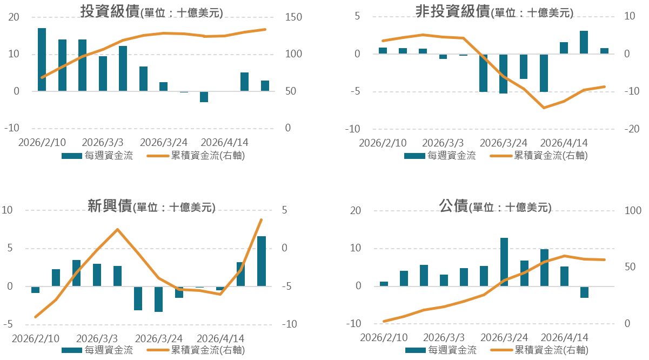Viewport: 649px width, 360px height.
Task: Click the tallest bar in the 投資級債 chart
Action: [42, 59]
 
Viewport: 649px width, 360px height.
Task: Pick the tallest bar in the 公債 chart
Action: [504, 262]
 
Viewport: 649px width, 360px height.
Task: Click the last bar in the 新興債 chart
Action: [262, 261]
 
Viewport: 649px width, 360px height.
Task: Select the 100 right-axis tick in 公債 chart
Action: [631, 211]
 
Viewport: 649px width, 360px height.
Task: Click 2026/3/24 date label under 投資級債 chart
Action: [163, 143]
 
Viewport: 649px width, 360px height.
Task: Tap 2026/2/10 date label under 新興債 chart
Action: [35, 338]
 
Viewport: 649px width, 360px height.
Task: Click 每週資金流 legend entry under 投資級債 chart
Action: [97, 156]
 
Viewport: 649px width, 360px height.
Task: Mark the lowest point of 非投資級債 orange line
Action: [544, 108]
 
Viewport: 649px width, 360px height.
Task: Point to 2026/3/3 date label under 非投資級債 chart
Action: [443, 143]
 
